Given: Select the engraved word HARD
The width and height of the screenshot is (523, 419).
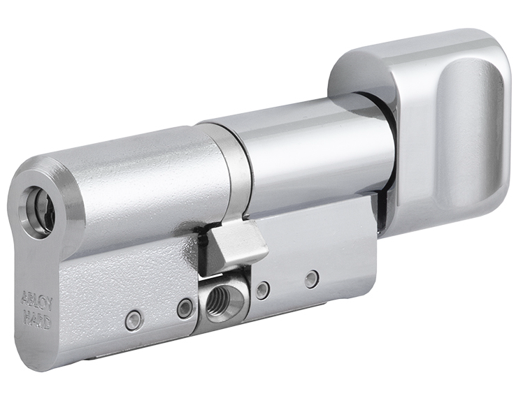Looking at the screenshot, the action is click(x=36, y=318).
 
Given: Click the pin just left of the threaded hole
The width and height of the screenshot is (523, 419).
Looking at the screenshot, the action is click(x=185, y=307).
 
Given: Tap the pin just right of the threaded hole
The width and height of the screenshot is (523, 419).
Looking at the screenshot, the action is click(x=262, y=291).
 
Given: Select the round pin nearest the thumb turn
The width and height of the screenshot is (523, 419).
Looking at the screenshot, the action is click(x=312, y=279).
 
